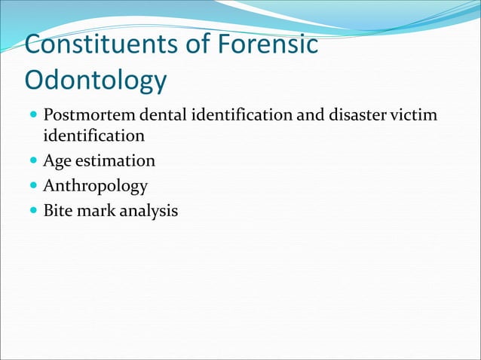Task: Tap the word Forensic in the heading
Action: pyautogui.click(x=267, y=44)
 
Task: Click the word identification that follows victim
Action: pyautogui.click(x=93, y=136)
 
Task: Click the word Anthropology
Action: pyautogui.click(x=95, y=186)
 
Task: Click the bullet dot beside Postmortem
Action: pyautogui.click(x=32, y=117)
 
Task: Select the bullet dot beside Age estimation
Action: pyautogui.click(x=32, y=161)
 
